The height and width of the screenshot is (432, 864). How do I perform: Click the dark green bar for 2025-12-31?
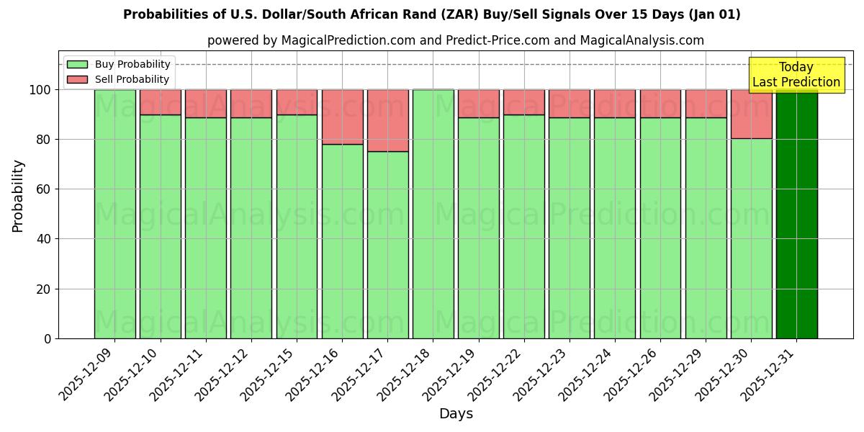(x=796, y=214)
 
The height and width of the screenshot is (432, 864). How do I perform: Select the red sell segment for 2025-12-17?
(x=387, y=120)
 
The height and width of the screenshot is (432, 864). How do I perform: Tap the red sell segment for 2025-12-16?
(x=342, y=117)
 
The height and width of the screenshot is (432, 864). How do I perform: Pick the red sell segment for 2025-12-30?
(x=751, y=114)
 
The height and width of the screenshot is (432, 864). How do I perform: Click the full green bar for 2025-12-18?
(x=433, y=214)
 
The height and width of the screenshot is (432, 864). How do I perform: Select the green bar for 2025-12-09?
(x=114, y=214)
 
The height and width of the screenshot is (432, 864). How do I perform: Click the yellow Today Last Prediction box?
(x=796, y=75)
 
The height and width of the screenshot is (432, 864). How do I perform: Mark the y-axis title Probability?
(x=18, y=196)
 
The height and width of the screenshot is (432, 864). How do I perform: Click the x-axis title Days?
(x=456, y=414)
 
